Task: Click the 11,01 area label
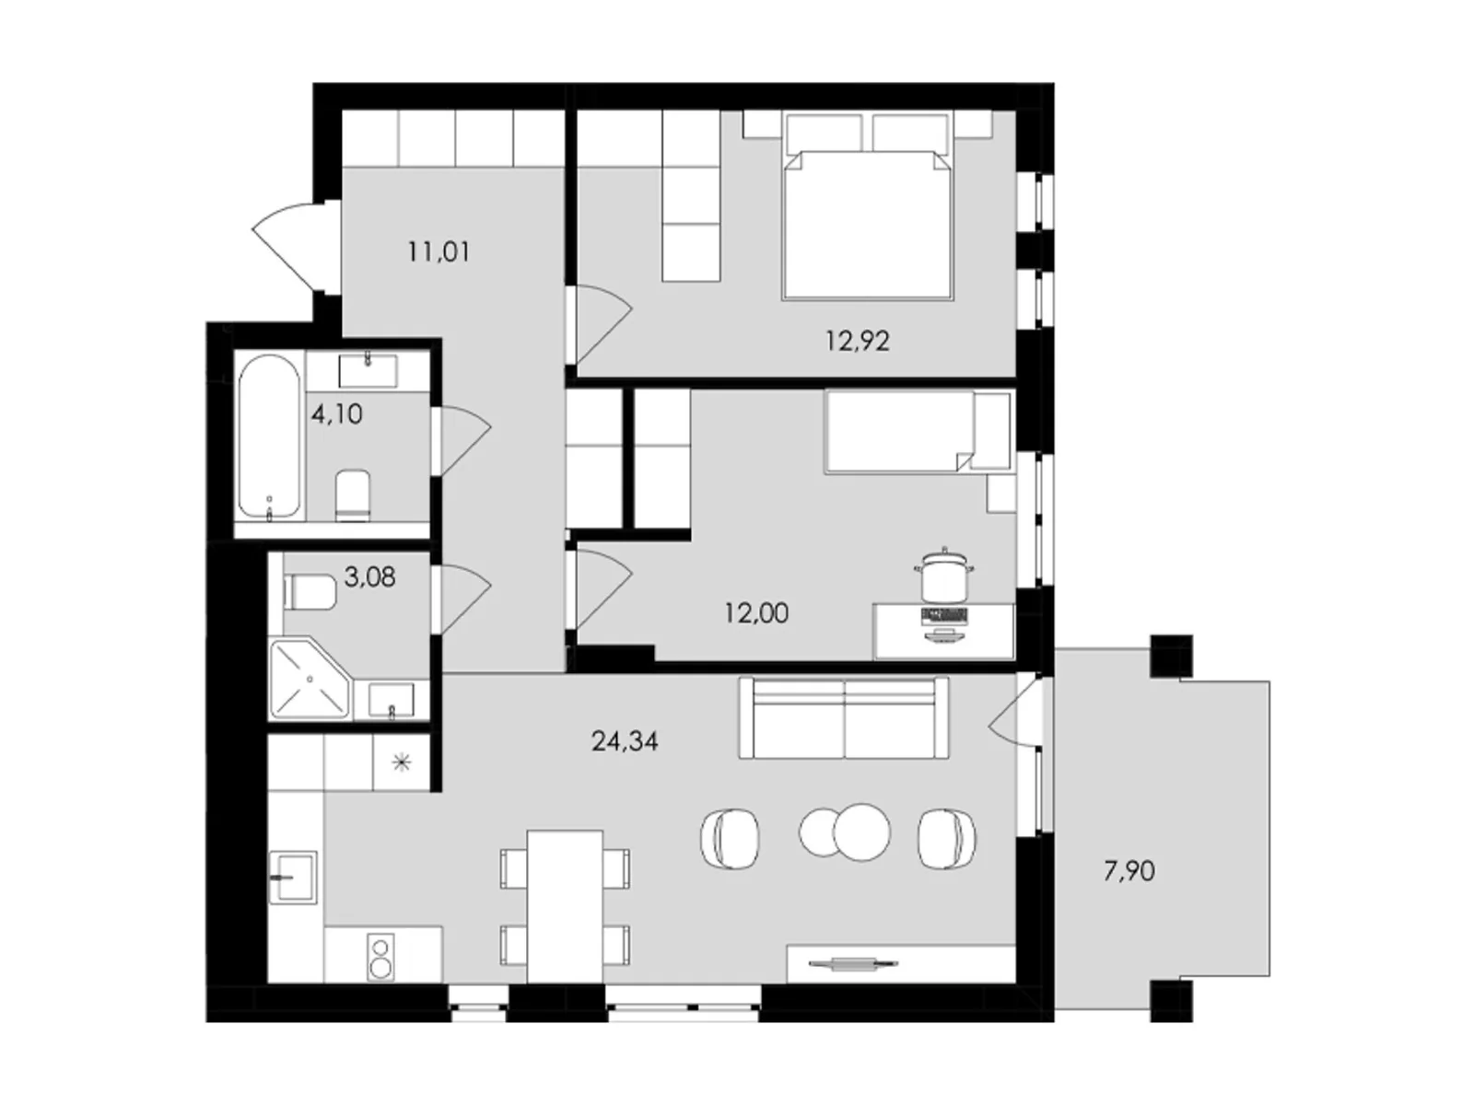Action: tap(439, 252)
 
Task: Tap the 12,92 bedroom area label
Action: tap(858, 342)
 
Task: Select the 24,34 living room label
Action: tap(625, 740)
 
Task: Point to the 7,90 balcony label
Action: tap(1129, 871)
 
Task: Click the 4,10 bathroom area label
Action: tap(336, 414)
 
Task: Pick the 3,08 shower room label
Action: tap(370, 576)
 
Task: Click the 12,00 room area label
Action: tap(756, 613)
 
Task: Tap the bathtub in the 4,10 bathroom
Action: tap(269, 436)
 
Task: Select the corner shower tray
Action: tap(310, 679)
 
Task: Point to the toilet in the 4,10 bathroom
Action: tap(353, 495)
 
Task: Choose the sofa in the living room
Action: tap(844, 717)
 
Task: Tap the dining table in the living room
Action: tap(564, 906)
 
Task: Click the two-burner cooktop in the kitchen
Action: tap(380, 958)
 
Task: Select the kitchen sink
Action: tap(293, 877)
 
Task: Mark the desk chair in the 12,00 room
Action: tap(944, 576)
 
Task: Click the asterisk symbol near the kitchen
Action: tap(401, 762)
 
